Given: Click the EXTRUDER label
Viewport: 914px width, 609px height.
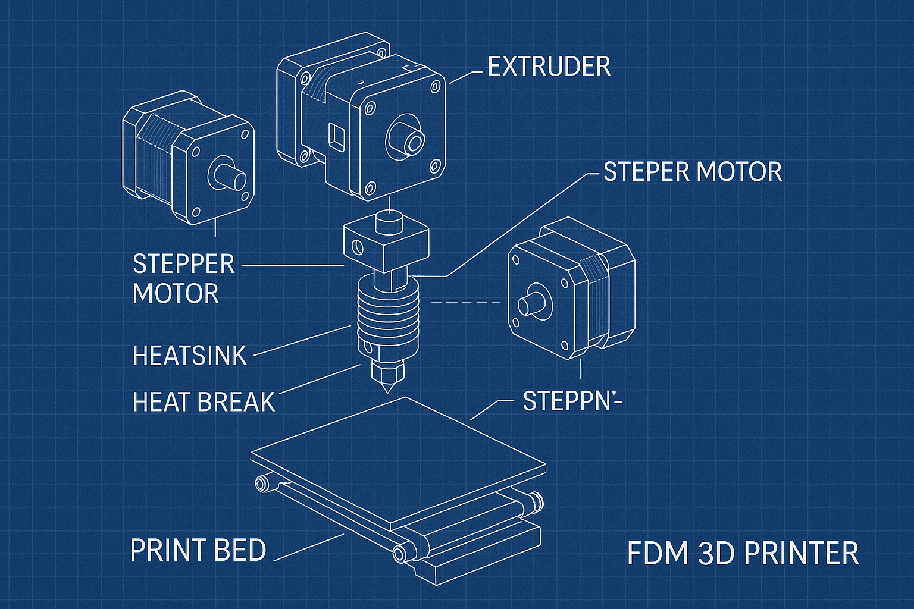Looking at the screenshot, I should tap(549, 67).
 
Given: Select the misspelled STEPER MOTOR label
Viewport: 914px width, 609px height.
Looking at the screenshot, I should tap(692, 172).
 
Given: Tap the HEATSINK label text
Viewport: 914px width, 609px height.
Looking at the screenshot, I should tap(189, 356).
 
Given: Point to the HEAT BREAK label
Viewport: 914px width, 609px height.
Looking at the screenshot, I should tap(204, 402).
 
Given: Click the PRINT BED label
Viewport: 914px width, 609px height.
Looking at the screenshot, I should tap(198, 550).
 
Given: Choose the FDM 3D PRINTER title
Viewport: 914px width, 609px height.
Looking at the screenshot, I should tap(743, 553).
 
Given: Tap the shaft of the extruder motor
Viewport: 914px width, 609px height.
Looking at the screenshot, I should tap(409, 140).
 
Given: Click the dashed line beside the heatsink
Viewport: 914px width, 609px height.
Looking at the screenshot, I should tap(465, 302).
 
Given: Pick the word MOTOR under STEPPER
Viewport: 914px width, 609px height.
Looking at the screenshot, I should tap(176, 293).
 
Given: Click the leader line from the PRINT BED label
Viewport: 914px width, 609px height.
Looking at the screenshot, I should tap(309, 547).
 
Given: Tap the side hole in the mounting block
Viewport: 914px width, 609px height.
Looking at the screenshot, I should tap(357, 246).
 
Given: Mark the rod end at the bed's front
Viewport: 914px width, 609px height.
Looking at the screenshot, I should tap(399, 555).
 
